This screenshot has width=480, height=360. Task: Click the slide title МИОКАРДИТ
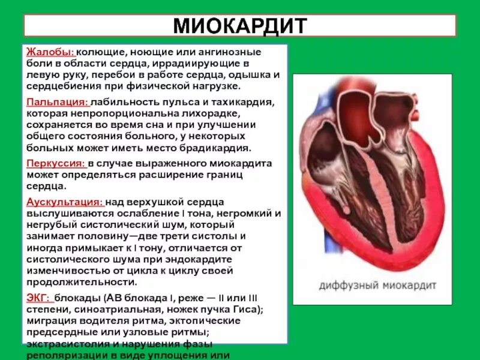coord(239,26)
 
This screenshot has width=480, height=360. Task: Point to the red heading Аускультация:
coord(65,202)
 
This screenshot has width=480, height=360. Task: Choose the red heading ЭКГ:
coord(38,298)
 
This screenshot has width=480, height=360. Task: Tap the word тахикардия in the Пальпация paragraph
coord(244,103)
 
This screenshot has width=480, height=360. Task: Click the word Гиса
coord(247,309)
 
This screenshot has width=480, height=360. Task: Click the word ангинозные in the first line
coord(243,52)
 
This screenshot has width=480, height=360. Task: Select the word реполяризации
coord(64,355)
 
